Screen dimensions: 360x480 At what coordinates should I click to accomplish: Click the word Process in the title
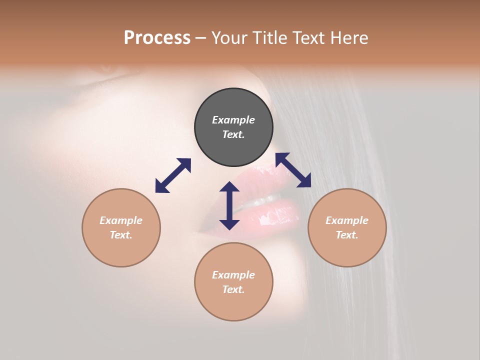coord(157,38)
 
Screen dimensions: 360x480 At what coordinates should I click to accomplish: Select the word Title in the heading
coord(269,38)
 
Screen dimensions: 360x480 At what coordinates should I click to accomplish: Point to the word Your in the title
coord(229,38)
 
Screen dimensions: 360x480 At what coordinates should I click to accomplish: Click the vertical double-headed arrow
coord(229,205)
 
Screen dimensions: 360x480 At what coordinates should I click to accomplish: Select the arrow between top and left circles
coord(173,175)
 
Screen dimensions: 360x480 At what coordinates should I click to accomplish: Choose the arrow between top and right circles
coord(293,170)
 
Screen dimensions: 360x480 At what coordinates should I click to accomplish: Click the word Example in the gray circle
coord(233,120)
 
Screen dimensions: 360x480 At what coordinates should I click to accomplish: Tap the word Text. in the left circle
coord(121,235)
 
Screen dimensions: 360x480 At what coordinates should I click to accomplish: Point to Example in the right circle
coord(347,220)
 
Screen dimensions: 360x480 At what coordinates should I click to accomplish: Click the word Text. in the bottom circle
coord(233,289)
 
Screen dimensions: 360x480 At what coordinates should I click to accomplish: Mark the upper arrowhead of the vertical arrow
coord(229,187)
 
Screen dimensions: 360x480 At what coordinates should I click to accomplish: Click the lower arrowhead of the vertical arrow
coord(229,224)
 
